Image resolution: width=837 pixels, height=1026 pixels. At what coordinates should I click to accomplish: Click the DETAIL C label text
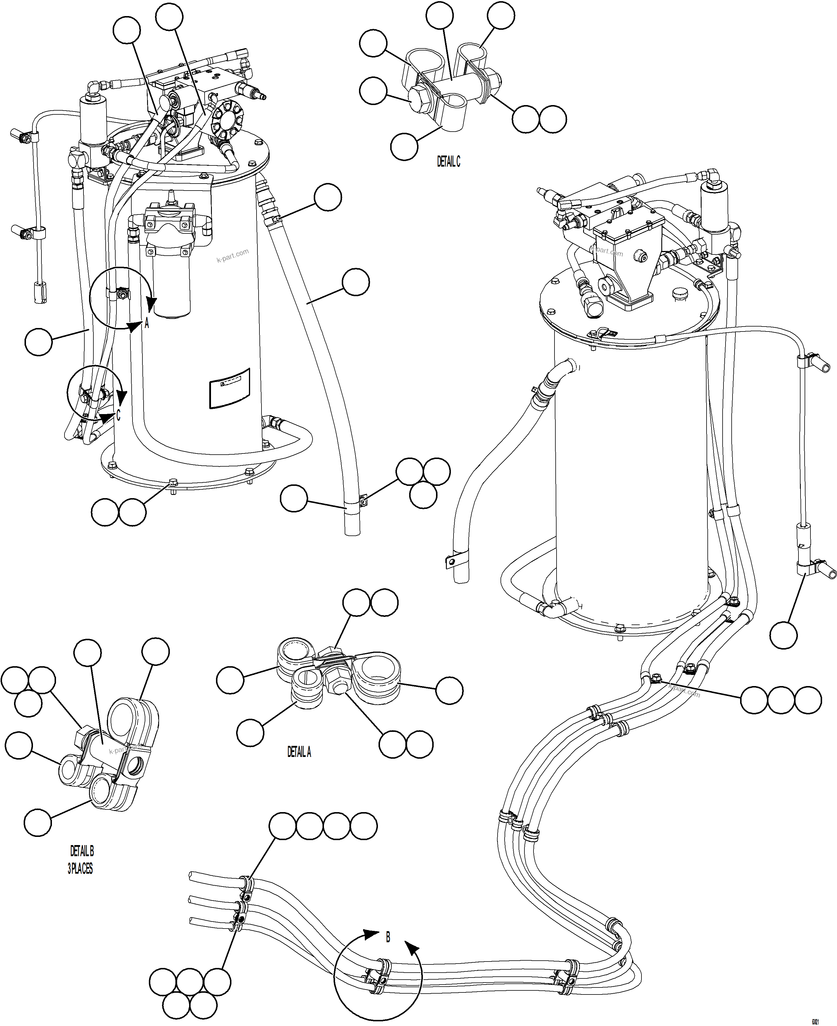click(448, 162)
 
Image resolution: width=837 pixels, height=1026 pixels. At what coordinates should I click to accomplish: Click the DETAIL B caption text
click(82, 851)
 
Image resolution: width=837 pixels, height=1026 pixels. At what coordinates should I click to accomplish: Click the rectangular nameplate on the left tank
click(229, 388)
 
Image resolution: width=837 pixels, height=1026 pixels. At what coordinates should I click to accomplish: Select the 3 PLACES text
click(80, 869)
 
